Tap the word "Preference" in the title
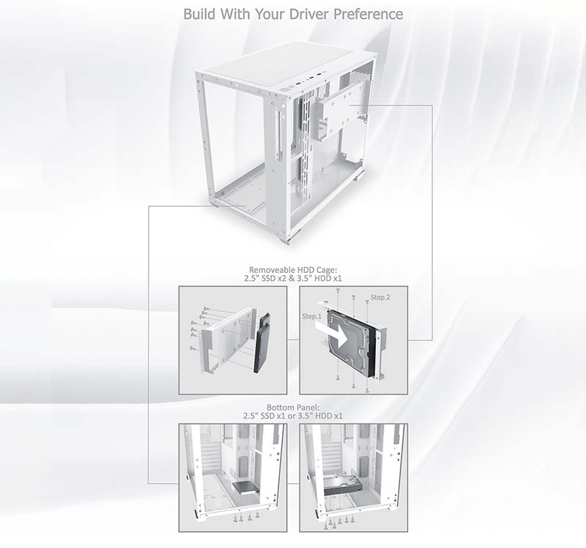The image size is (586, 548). (368, 14)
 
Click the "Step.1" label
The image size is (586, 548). (312, 316)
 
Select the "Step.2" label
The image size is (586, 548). (380, 297)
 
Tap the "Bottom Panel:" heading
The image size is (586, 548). (293, 408)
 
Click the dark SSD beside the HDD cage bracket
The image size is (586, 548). (262, 342)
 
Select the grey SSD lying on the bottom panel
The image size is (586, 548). (245, 487)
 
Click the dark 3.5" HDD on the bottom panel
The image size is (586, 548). (343, 485)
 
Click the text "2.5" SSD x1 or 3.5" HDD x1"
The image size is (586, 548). (293, 416)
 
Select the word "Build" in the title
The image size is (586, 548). (199, 14)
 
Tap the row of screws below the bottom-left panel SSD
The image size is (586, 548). (246, 517)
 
